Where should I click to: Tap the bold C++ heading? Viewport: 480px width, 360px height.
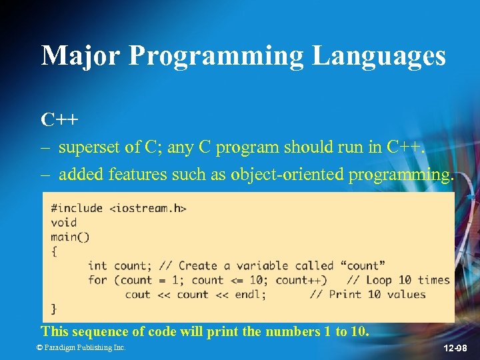pos(59,120)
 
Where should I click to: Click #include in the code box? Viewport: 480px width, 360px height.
pos(77,208)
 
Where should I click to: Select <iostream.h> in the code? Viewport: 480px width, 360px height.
pos(147,208)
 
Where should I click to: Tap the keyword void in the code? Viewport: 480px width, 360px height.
pos(64,223)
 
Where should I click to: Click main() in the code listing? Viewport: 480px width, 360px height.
pos(70,237)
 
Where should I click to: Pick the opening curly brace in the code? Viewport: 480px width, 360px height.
pos(54,251)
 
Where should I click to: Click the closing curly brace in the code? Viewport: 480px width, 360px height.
pos(54,309)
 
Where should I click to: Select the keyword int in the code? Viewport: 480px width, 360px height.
pos(97,266)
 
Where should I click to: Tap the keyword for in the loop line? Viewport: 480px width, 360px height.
pos(97,280)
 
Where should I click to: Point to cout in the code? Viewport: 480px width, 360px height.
pos(137,295)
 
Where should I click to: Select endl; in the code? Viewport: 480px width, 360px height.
pos(250,295)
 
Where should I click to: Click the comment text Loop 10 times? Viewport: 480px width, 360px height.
pos(407,280)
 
